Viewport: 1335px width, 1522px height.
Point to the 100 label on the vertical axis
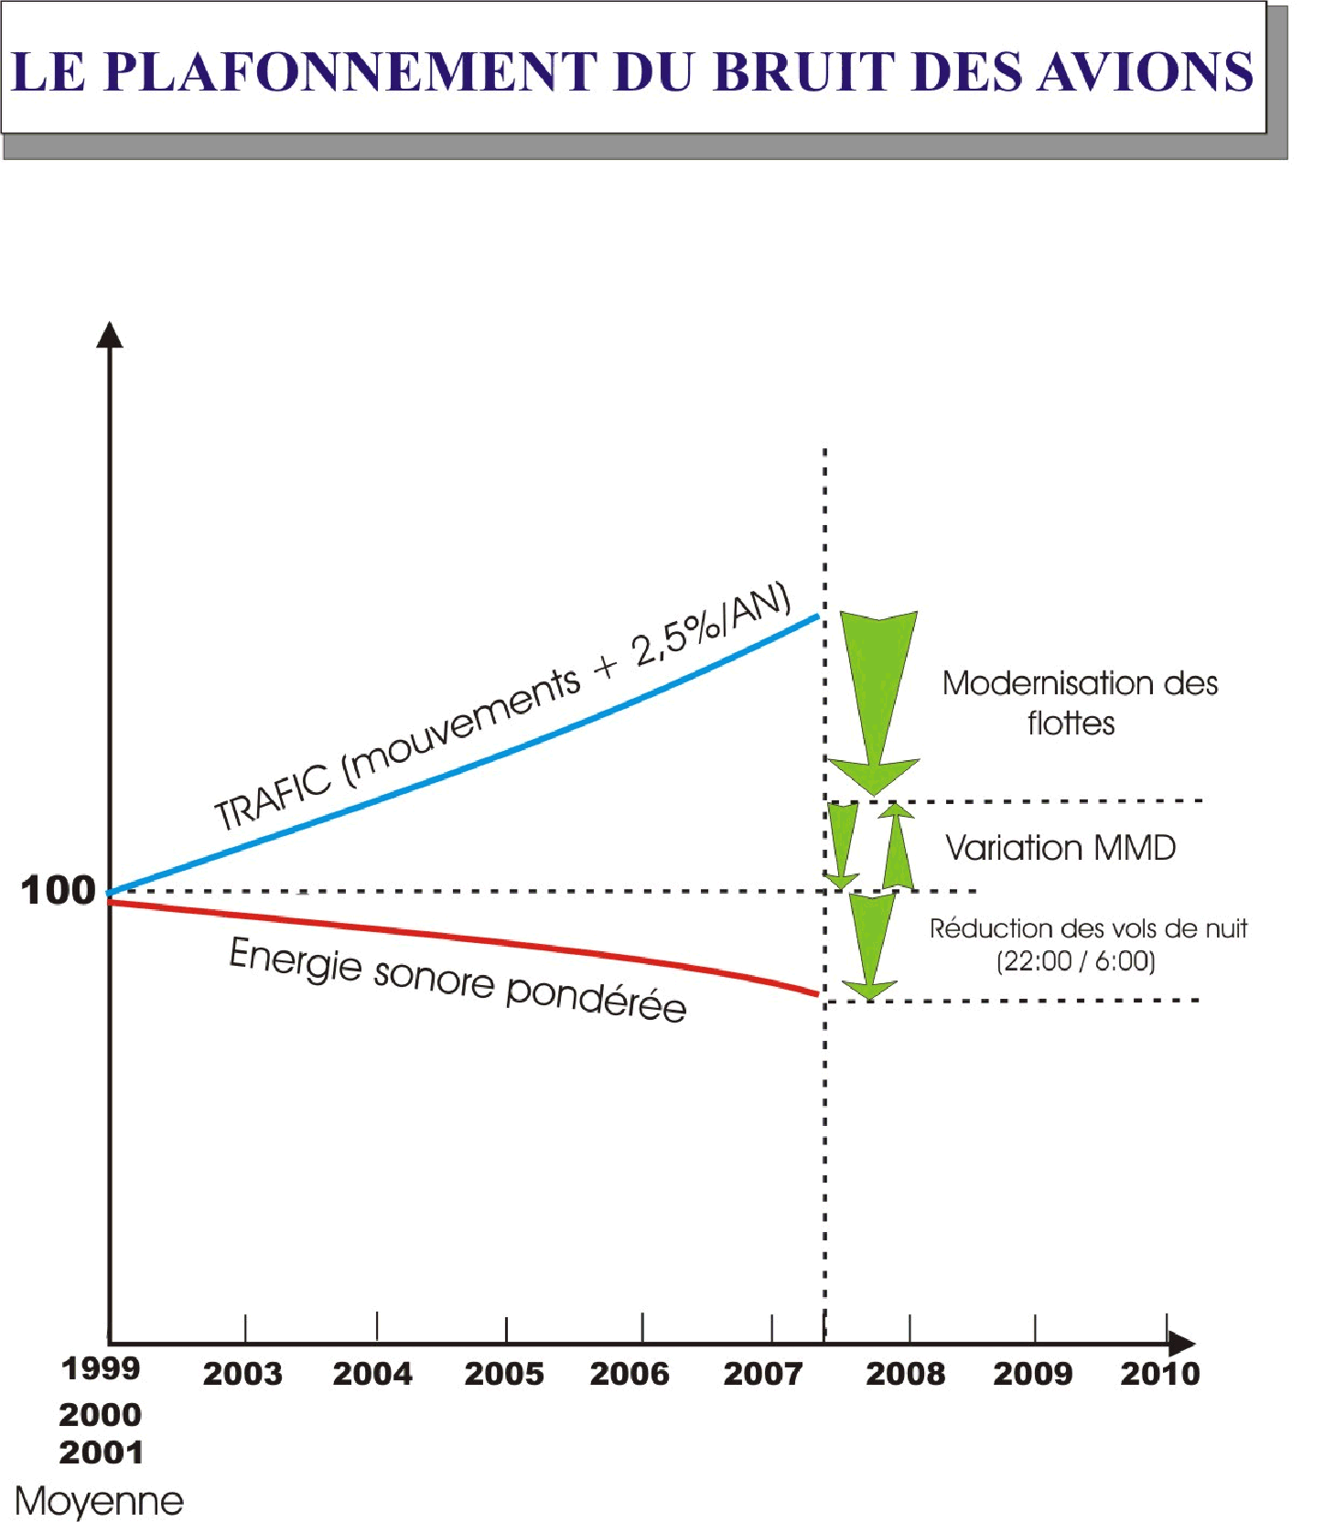[x=58, y=890]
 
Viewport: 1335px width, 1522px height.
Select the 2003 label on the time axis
[x=242, y=1373]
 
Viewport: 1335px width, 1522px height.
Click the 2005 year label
[x=504, y=1373]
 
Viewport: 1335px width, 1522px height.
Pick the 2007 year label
[x=763, y=1373]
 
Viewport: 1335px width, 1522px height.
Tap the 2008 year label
[x=905, y=1373]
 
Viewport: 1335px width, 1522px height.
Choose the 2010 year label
[x=1160, y=1373]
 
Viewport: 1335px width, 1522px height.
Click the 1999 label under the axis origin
[x=101, y=1368]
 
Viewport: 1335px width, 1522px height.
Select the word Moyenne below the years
[x=99, y=1501]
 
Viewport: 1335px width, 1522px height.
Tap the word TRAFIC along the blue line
[x=272, y=799]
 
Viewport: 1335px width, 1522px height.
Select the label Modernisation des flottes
[x=1080, y=702]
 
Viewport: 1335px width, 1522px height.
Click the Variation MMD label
[x=1060, y=848]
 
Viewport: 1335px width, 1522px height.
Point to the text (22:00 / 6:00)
[x=1076, y=960]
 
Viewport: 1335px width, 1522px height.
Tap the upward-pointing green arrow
[x=899, y=846]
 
